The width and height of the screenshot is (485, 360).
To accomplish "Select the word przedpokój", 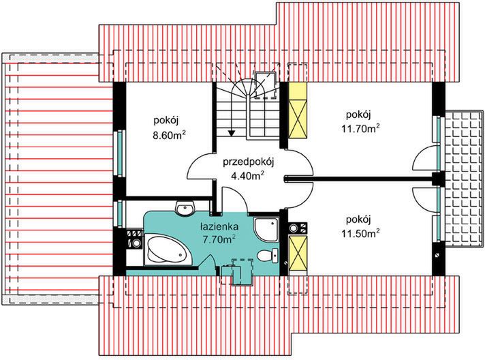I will pyautogui.click(x=248, y=162).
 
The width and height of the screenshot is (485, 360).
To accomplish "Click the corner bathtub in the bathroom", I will pyautogui.click(x=166, y=250).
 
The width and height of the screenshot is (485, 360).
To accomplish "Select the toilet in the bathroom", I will pyautogui.click(x=267, y=256).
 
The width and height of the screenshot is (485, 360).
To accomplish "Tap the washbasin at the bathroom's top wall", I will pyautogui.click(x=183, y=207).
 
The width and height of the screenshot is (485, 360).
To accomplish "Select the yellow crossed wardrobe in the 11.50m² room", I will pyautogui.click(x=298, y=254).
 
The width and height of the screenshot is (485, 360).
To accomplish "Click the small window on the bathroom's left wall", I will pyautogui.click(x=121, y=213).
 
